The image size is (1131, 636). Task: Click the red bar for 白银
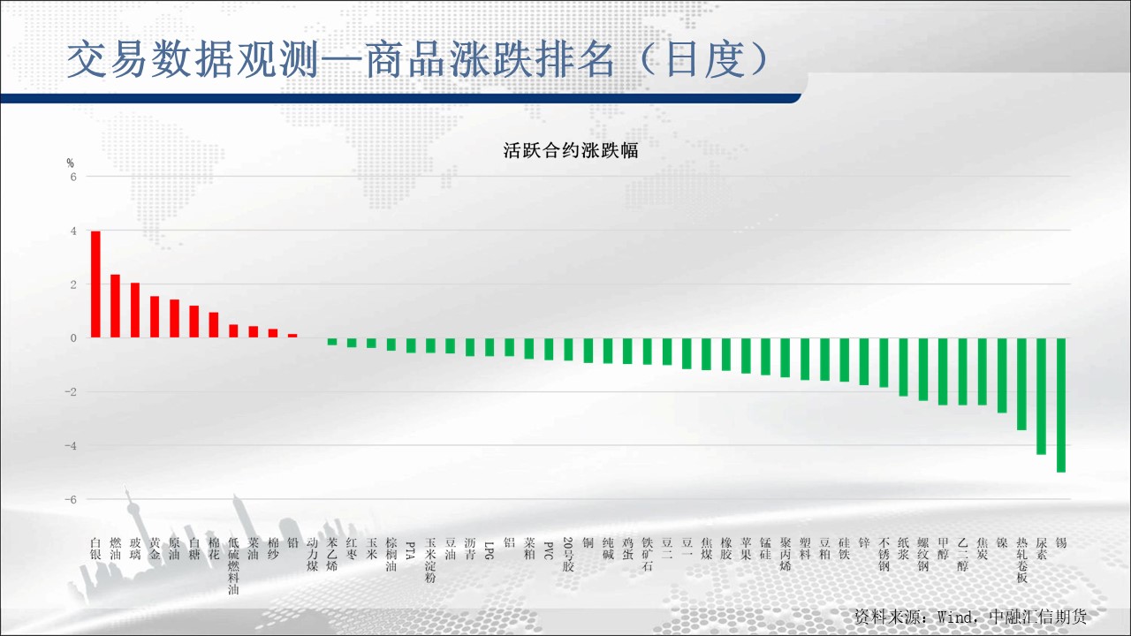tap(95, 284)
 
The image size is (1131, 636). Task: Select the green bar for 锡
tap(1061, 405)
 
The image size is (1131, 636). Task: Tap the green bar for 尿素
tap(1041, 397)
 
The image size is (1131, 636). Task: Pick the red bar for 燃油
tap(115, 306)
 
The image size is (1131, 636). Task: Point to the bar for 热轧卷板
tap(1021, 384)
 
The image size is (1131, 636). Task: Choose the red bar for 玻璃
tap(135, 310)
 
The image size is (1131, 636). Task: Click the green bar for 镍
tap(1002, 375)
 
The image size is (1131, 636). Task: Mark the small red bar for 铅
tap(292, 336)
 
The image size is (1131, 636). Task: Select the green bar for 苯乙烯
tap(331, 342)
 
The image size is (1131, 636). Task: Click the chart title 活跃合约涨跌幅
tap(571, 150)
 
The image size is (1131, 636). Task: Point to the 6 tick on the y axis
tap(73, 177)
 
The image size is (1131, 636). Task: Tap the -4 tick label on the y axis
tap(71, 446)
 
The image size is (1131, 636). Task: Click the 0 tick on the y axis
tap(73, 338)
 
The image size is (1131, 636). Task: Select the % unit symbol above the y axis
tap(70, 163)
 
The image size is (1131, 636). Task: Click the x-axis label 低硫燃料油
tap(233, 566)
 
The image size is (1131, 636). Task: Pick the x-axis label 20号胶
tap(568, 554)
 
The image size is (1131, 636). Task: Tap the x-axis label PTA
tap(411, 550)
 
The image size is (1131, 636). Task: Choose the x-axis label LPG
tap(490, 550)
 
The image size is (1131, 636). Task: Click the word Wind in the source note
tap(954, 617)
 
